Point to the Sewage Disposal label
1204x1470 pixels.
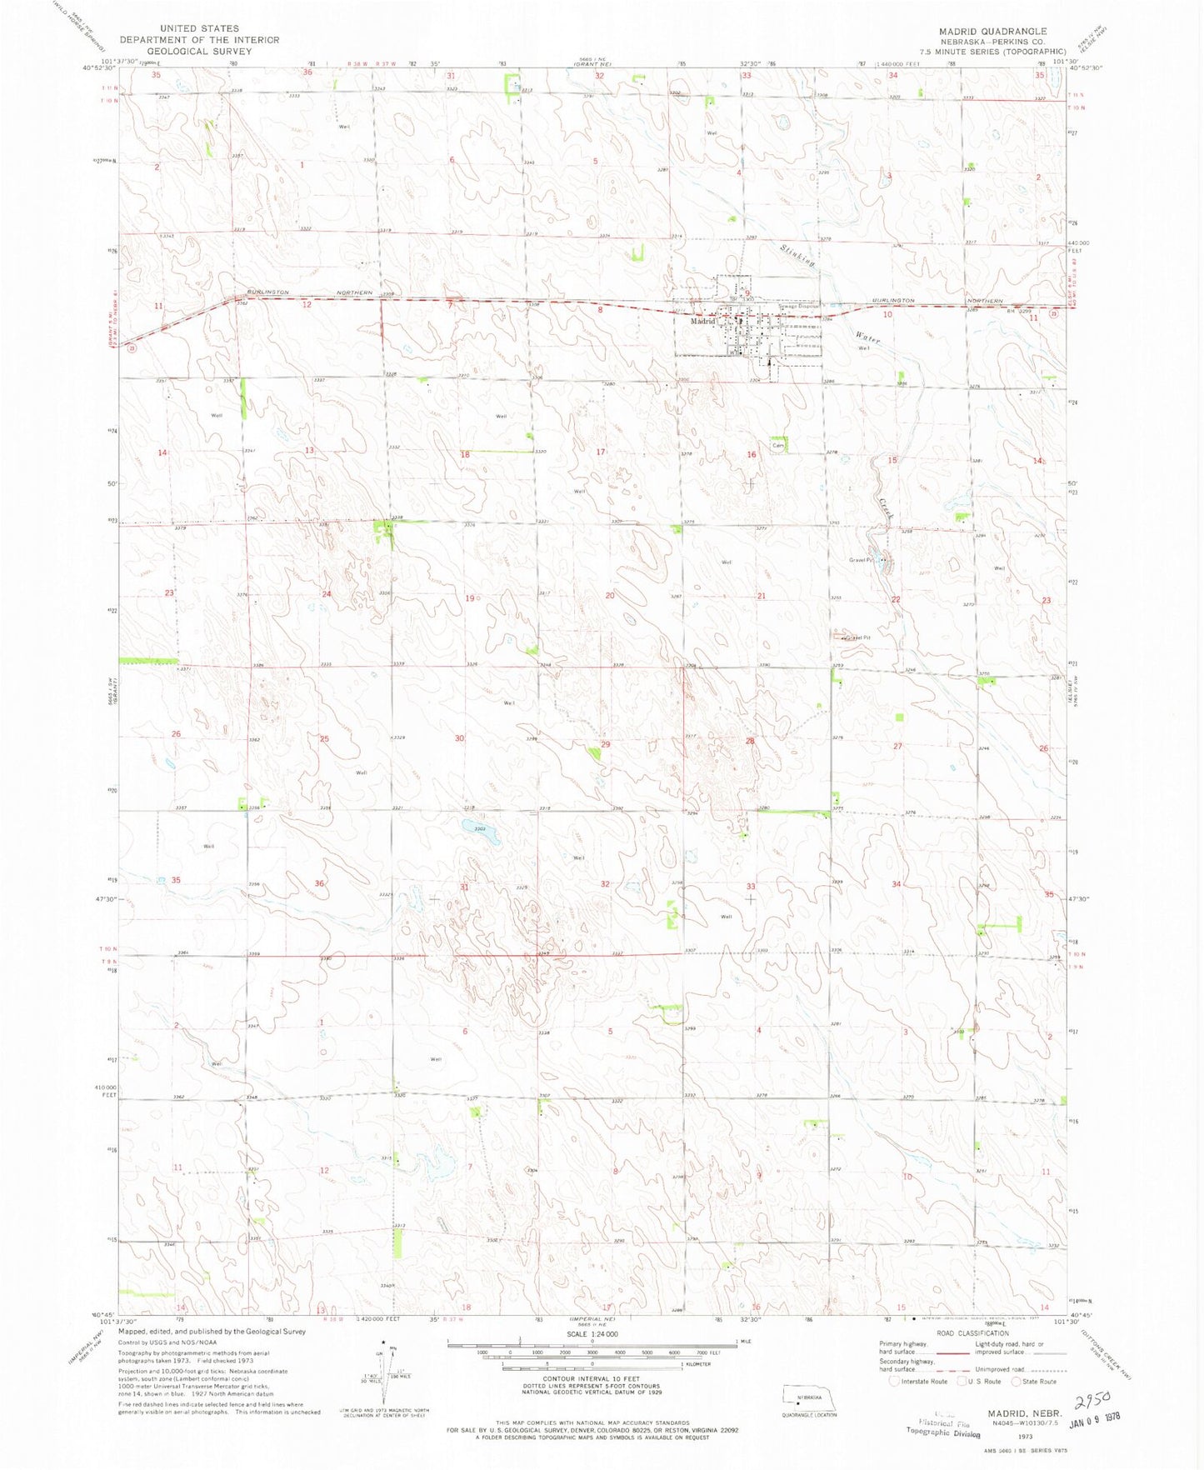(x=798, y=306)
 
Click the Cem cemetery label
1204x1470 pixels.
(x=777, y=446)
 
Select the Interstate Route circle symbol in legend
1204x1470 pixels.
(x=894, y=1382)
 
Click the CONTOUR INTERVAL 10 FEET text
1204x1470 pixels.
(x=592, y=1378)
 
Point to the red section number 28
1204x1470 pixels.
(x=750, y=741)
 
